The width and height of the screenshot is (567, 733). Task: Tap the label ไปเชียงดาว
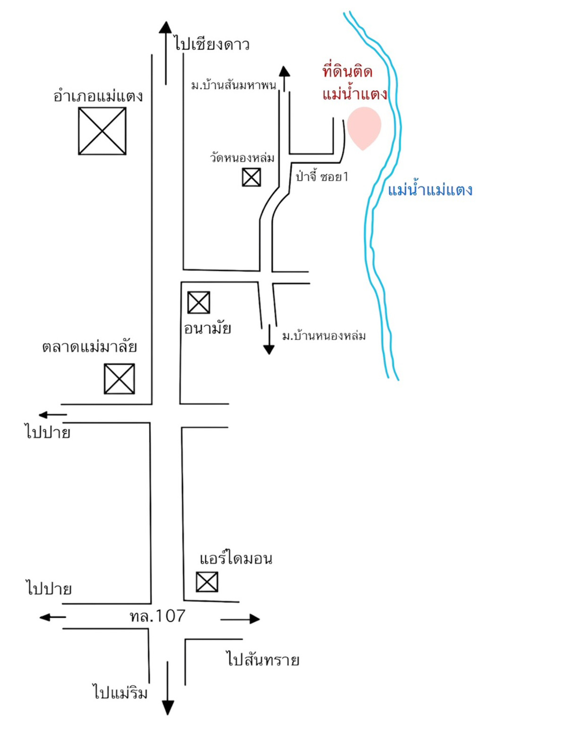(212, 44)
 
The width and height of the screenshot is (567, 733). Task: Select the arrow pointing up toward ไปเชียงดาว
(165, 52)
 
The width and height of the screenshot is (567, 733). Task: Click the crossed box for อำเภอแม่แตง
(102, 131)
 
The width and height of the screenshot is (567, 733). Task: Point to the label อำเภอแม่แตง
(98, 96)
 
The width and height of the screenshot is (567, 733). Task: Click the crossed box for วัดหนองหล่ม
(251, 177)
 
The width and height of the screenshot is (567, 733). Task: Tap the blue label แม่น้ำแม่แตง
(430, 190)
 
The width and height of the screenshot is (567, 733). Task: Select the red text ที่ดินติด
(347, 72)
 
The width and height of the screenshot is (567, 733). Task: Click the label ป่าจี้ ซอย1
(322, 177)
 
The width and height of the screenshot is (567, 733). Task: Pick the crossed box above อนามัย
(198, 303)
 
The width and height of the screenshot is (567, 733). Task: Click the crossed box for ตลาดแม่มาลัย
(119, 379)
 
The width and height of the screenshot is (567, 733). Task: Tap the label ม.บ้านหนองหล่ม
(324, 336)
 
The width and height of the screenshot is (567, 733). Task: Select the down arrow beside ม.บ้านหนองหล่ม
(269, 340)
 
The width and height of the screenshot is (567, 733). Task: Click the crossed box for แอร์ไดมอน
(207, 582)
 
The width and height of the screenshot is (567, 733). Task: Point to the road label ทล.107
(157, 616)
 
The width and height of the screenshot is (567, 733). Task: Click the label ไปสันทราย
(263, 660)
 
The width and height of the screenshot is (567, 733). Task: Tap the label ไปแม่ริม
(120, 693)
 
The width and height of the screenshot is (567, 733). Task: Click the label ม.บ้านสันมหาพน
(233, 86)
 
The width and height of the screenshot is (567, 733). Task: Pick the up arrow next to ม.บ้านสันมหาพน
(284, 78)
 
